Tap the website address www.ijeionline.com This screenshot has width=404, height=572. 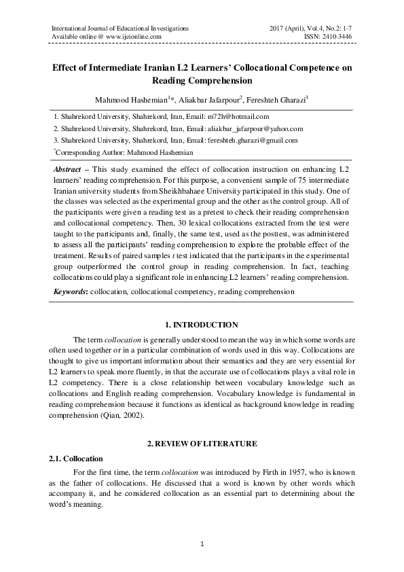[134, 37]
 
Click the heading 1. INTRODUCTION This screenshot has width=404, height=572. [202, 325]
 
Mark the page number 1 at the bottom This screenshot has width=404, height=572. [202, 545]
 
